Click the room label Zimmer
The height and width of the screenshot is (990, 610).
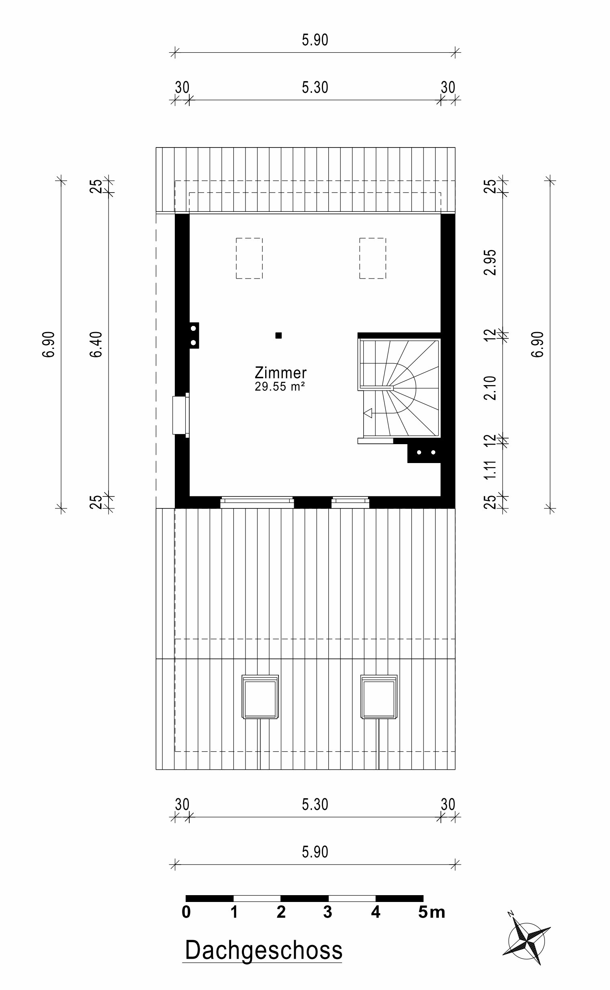tap(280, 372)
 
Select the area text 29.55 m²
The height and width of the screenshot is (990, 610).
tap(279, 387)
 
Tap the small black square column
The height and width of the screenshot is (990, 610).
tap(278, 335)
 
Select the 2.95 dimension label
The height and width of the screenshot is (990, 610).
tap(490, 262)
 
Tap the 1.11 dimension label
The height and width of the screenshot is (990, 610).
tap(490, 470)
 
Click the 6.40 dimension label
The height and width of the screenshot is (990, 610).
tap(96, 344)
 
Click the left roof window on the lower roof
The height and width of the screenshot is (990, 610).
tap(260, 697)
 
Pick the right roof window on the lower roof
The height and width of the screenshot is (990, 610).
tap(379, 697)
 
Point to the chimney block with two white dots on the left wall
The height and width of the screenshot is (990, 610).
tap(194, 335)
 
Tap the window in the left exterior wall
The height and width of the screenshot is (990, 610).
tap(181, 415)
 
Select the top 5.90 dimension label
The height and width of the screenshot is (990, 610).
tap(315, 40)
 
